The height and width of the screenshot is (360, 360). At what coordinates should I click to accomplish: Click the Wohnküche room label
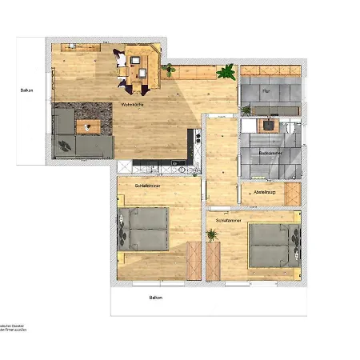tap(132, 105)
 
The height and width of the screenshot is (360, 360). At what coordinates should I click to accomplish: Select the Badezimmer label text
tap(270, 151)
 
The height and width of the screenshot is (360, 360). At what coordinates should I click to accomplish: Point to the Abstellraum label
tap(263, 193)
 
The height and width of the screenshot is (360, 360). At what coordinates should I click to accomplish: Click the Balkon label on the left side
tap(26, 90)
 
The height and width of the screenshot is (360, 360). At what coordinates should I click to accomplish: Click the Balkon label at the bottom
tap(156, 297)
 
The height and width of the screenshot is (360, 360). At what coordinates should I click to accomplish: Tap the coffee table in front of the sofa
tap(88, 125)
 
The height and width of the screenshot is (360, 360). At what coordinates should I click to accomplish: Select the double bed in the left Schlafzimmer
tap(145, 229)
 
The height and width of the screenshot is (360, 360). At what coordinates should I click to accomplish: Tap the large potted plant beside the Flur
tap(227, 72)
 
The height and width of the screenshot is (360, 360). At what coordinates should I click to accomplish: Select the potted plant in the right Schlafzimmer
tap(212, 235)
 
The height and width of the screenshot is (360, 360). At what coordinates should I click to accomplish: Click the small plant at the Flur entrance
tap(246, 110)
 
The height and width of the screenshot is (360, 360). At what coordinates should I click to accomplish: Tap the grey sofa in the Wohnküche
tap(76, 136)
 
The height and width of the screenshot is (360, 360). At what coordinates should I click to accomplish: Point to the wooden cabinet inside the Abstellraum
tap(291, 194)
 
